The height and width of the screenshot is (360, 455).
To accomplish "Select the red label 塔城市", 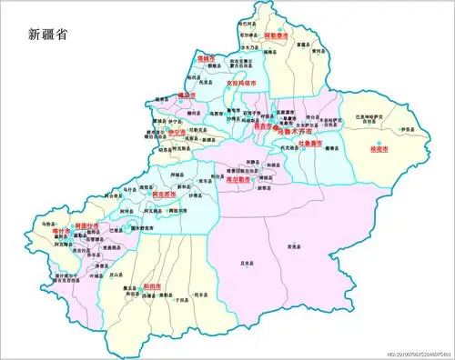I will (207, 58).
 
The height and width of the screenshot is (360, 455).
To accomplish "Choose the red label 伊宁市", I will (178, 133).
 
